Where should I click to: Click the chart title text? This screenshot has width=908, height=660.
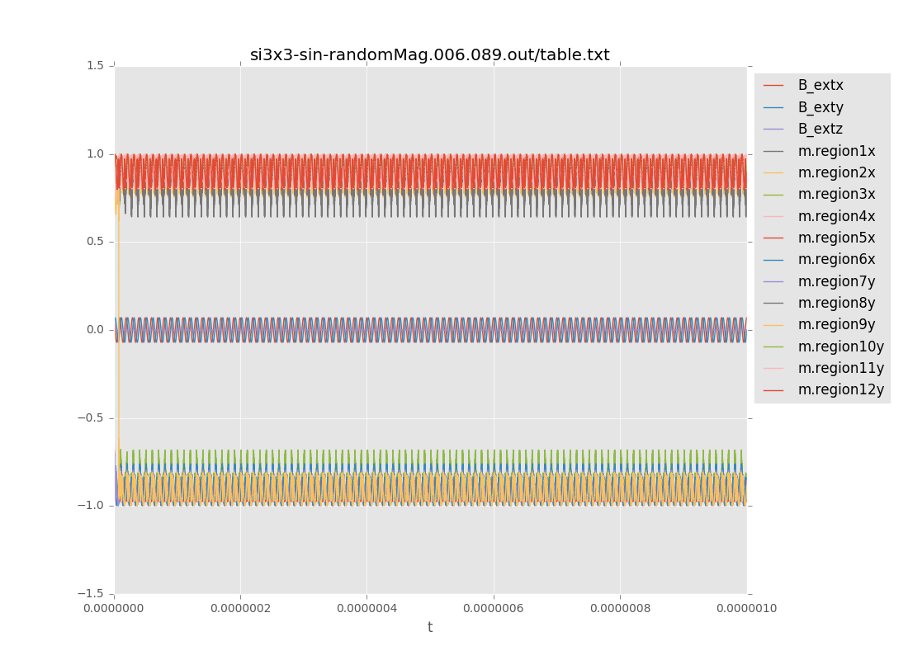pos(429,55)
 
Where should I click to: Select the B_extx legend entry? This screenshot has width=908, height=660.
pos(820,85)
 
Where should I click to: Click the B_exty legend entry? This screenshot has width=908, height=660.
pos(820,107)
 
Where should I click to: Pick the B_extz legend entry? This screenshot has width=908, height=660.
pos(820,129)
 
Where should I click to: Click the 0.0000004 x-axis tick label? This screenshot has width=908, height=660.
pos(367,609)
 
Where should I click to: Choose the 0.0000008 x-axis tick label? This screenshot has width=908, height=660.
pos(620,609)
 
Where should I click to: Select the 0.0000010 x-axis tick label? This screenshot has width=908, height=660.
pos(746,609)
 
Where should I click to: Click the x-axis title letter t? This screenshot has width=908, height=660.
pos(430,628)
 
